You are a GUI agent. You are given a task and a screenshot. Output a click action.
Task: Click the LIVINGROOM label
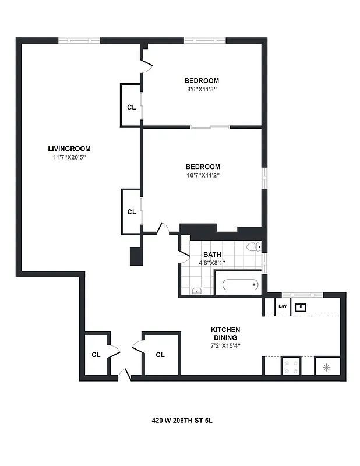(x=69, y=149)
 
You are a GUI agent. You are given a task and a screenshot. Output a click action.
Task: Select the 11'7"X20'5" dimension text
(x=69, y=157)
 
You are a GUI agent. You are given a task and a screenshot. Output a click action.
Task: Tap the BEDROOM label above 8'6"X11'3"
(x=202, y=80)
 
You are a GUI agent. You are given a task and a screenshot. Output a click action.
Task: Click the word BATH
(x=212, y=255)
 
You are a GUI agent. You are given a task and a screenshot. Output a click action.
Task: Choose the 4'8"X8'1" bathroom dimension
(x=212, y=263)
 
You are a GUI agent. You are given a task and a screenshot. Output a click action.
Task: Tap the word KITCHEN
(x=225, y=330)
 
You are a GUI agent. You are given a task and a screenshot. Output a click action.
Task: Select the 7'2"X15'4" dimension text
(x=225, y=345)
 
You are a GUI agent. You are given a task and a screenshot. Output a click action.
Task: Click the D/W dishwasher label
(x=282, y=306)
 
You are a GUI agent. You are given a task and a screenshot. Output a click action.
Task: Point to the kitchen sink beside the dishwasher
(x=301, y=307)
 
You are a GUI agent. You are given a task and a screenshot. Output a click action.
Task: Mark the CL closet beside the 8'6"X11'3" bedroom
(x=131, y=107)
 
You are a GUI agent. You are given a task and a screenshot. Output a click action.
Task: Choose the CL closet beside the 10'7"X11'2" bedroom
(x=131, y=212)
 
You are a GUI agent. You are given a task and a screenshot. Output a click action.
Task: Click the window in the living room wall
(x=79, y=41)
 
